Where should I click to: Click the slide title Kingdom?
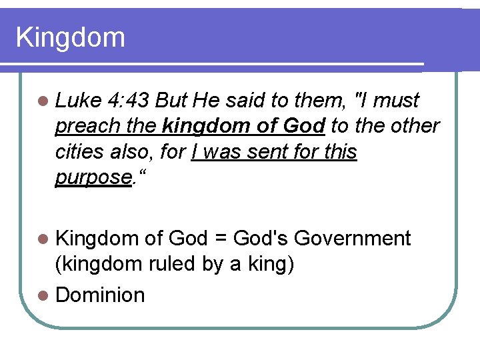click(71, 37)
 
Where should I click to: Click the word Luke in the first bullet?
click(77, 101)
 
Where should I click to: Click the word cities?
click(79, 152)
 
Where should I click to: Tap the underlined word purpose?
click(92, 178)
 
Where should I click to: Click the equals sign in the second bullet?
click(219, 239)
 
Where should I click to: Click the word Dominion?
click(100, 295)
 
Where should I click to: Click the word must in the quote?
click(397, 101)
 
